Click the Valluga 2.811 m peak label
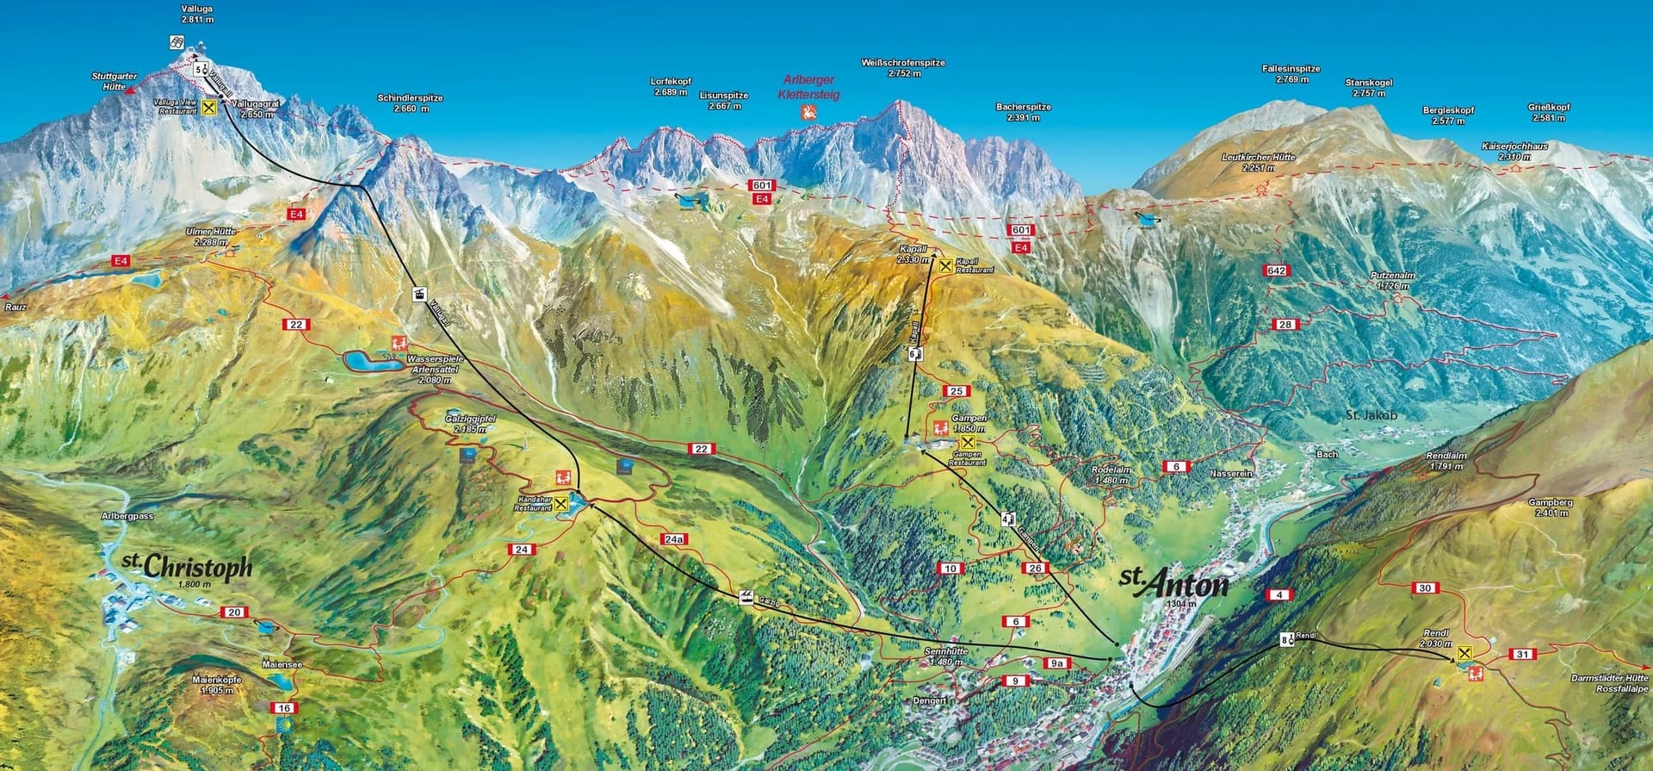197,13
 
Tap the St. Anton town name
1173,583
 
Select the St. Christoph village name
187,566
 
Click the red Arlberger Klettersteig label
808,87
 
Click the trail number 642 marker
1275,270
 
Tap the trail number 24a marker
674,539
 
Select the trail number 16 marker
284,708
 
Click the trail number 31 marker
1523,655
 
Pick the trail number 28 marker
1285,324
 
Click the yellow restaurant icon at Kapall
945,265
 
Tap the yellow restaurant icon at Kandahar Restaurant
561,503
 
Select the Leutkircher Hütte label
1258,163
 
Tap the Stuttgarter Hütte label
114,82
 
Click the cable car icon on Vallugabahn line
418,293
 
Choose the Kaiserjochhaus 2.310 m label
1514,152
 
